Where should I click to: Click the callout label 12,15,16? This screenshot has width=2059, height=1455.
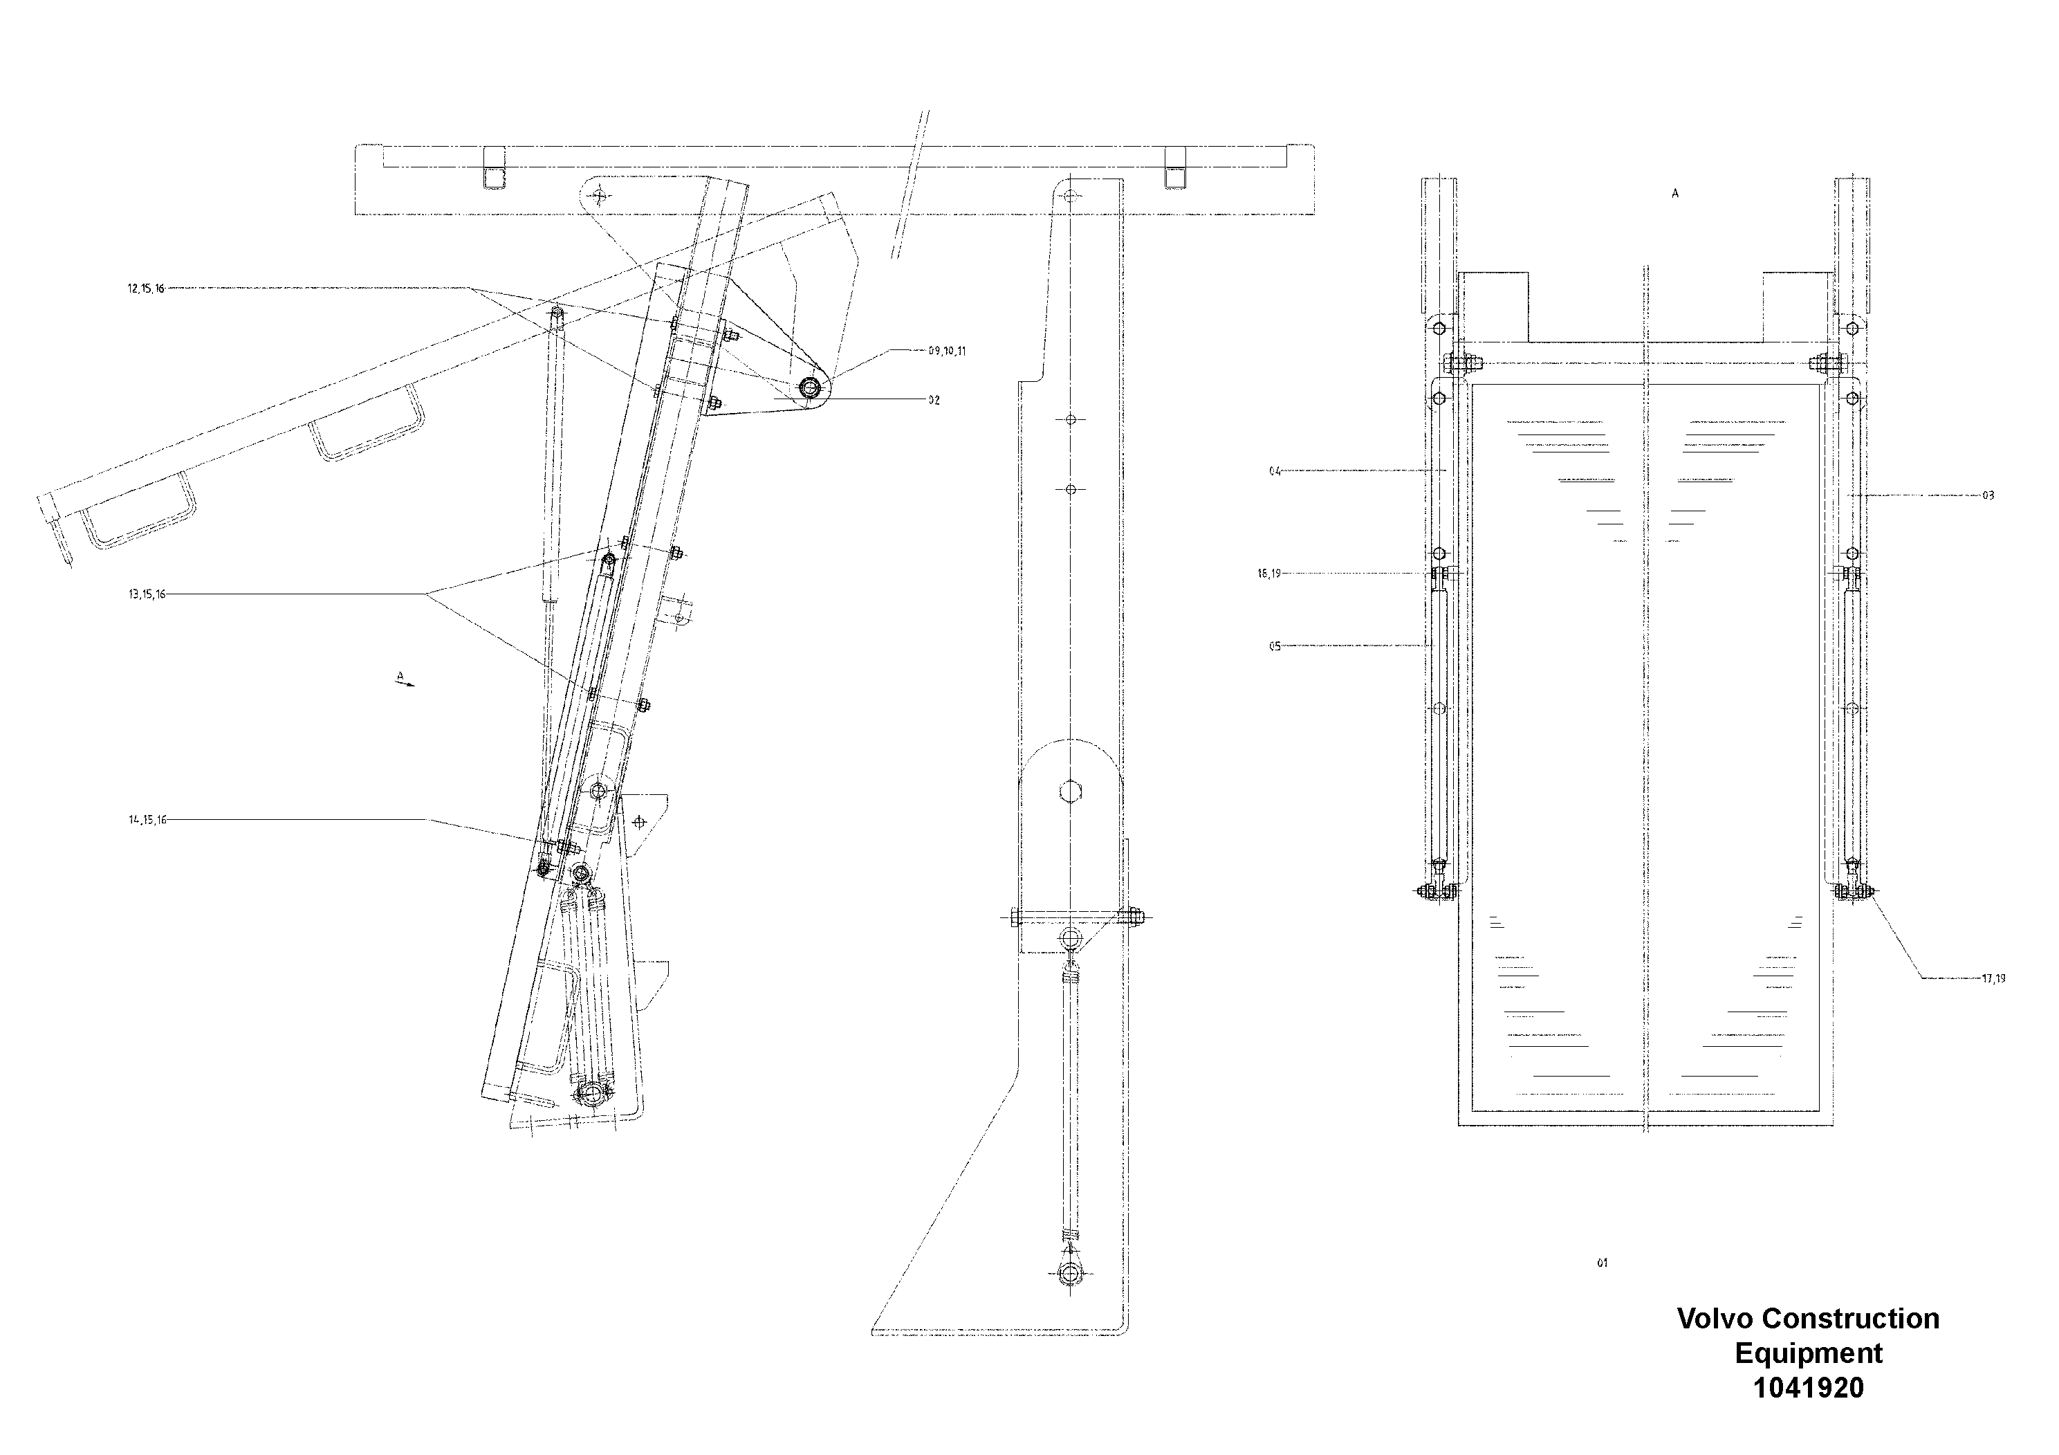[x=145, y=289]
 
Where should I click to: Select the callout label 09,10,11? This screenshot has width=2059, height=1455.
[x=947, y=351]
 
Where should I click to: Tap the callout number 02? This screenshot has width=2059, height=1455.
[x=934, y=400]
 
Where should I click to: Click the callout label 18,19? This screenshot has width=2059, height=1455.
[x=1269, y=574]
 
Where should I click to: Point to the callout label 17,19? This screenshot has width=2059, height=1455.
[x=1993, y=979]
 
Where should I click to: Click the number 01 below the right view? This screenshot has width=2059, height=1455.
[x=1602, y=1263]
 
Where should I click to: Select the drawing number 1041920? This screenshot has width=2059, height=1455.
[x=1808, y=1388]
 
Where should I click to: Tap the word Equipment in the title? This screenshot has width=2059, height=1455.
[x=1808, y=1353]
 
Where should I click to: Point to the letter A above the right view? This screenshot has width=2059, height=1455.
[x=1674, y=194]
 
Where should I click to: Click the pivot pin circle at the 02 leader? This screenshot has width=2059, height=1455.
[x=810, y=387]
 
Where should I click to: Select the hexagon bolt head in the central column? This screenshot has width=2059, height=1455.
[x=1070, y=792]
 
